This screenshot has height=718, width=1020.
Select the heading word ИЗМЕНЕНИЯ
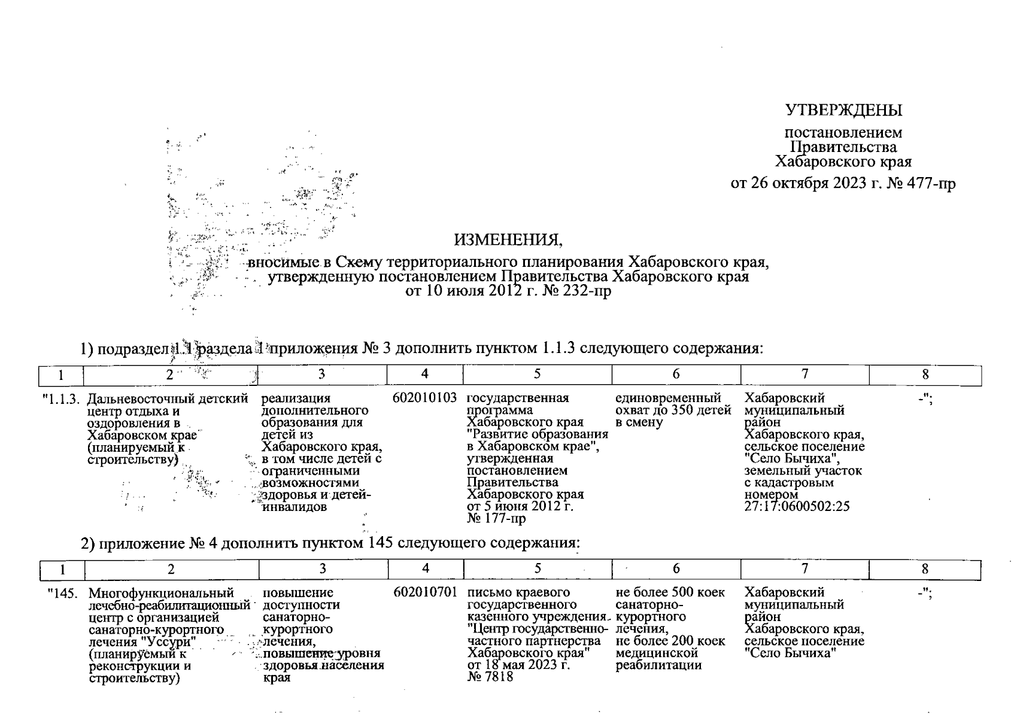[508, 240]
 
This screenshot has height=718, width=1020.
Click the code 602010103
[424, 398]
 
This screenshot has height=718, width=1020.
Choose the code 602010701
[425, 592]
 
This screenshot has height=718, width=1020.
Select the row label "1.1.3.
[61, 398]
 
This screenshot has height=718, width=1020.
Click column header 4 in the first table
[424, 375]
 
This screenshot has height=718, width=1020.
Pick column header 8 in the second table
[925, 568]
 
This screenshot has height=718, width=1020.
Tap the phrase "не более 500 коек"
[670, 592]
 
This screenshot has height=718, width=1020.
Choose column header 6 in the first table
[676, 375]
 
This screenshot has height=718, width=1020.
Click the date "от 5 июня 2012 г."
[520, 507]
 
